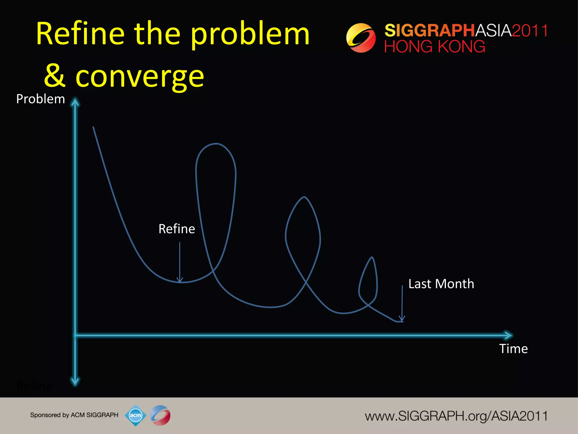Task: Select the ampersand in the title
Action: [x=55, y=76]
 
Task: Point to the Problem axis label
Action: [x=41, y=99]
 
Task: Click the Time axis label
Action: [x=513, y=349]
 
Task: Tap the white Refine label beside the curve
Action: [x=177, y=229]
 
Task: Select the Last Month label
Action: [x=441, y=284]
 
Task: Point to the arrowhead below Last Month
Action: [x=402, y=319]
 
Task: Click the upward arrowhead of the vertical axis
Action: [x=75, y=102]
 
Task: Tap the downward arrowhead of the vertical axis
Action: [x=75, y=382]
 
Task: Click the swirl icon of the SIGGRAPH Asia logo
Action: [x=361, y=38]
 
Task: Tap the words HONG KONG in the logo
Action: [x=435, y=47]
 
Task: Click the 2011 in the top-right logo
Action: [x=529, y=31]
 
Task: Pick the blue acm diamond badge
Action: [x=135, y=415]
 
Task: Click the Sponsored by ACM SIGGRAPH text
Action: [x=74, y=415]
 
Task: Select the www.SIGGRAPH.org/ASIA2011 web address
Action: [x=456, y=416]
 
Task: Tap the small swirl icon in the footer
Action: [x=160, y=415]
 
